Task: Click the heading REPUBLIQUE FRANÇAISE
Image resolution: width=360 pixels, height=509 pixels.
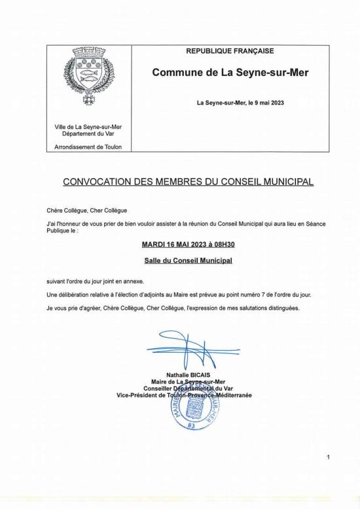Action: tap(230, 51)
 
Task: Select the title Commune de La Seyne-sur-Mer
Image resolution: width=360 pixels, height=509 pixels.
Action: tap(230, 73)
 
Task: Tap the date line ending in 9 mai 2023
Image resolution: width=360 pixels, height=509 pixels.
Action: tap(240, 103)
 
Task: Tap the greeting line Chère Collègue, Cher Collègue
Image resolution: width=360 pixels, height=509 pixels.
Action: tap(82, 210)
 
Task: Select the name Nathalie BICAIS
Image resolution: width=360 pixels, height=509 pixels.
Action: tap(187, 375)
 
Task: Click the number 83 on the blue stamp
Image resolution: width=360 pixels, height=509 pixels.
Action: tap(191, 425)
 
